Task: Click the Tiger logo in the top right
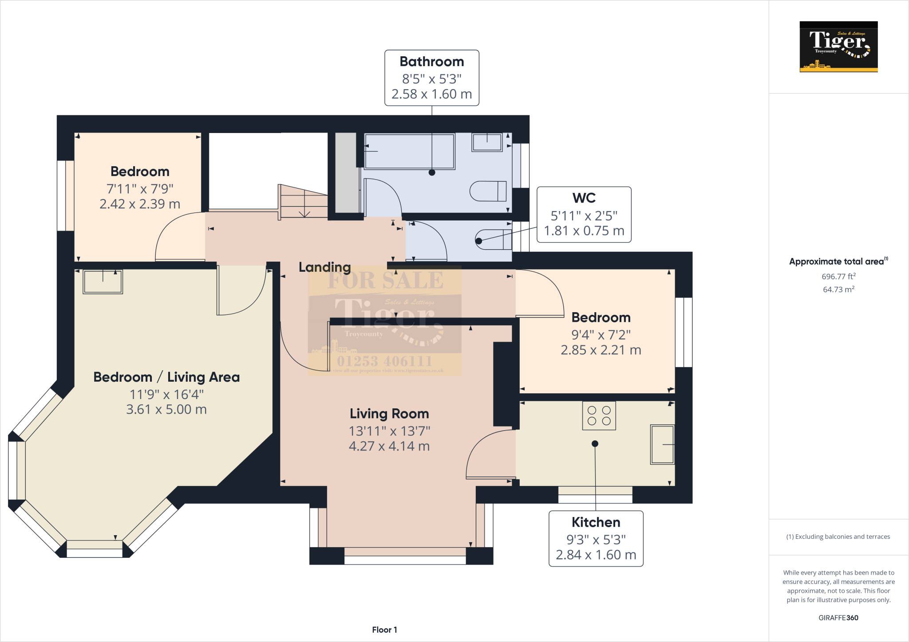tap(838, 47)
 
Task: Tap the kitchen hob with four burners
tap(599, 416)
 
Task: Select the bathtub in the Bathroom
tap(409, 152)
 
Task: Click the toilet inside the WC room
tap(493, 240)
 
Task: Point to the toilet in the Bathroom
tap(488, 191)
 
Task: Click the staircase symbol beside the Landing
tap(304, 202)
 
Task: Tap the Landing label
tap(324, 267)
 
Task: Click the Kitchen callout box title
tap(596, 522)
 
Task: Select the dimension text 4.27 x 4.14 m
tap(389, 446)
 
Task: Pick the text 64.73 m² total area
tap(838, 290)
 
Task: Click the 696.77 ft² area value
tap(838, 276)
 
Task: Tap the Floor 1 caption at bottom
tap(384, 630)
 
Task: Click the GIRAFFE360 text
tap(838, 618)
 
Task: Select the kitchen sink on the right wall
tap(662, 444)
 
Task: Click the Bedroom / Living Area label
tap(166, 377)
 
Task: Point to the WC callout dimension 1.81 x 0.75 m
tap(584, 231)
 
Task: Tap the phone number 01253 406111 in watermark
tap(384, 361)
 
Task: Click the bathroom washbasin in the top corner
tap(487, 142)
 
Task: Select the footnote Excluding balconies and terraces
tap(838, 536)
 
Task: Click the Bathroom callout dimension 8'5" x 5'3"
tap(431, 79)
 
